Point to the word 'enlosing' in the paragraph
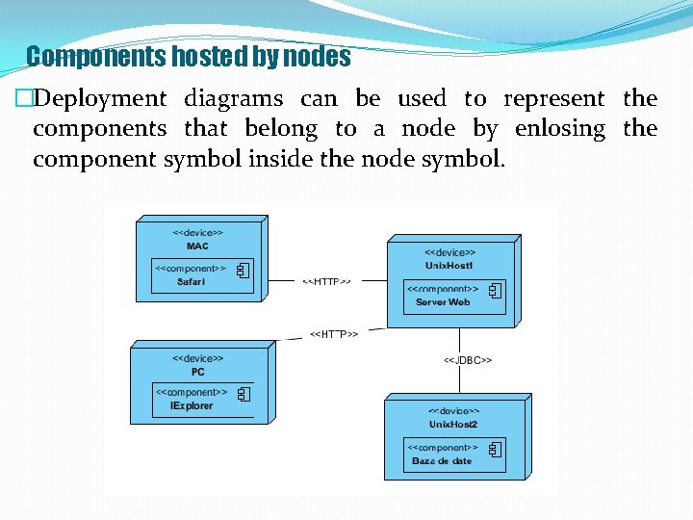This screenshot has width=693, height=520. tap(560, 128)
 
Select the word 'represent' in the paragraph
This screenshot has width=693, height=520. tap(553, 98)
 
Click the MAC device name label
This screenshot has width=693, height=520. tap(197, 246)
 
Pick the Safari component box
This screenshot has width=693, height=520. tap(202, 275)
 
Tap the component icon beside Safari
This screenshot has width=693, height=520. tap(244, 270)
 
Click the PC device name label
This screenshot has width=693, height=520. tap(197, 372)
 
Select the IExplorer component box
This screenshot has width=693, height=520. tap(202, 399)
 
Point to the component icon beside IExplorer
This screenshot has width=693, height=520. tap(244, 394)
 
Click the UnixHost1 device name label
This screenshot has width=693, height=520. tap(450, 266)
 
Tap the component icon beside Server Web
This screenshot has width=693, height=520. tap(495, 290)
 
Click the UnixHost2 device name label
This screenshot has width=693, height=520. tap(453, 425)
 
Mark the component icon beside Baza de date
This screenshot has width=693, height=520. tap(495, 450)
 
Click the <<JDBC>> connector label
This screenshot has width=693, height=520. tap(468, 360)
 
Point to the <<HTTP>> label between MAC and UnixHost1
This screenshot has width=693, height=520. tap(327, 282)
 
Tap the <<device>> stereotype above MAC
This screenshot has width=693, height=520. tap(197, 232)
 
